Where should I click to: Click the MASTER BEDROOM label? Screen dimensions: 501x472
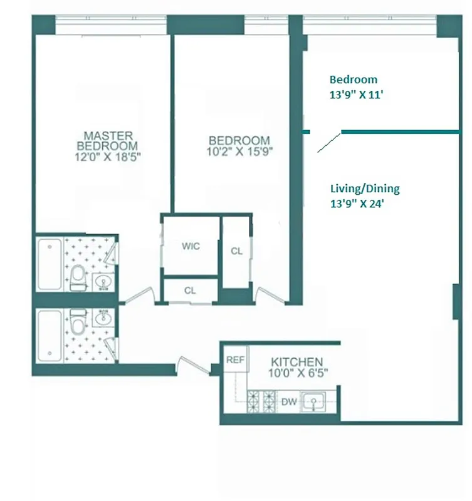tap(108, 140)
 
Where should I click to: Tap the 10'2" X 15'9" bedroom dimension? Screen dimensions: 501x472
tap(239, 152)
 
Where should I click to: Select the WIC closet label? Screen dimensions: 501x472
tap(191, 246)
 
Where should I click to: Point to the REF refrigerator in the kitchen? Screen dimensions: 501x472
tap(235, 360)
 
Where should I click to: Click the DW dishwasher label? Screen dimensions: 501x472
tap(288, 401)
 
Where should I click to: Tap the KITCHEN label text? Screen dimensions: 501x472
tap(296, 362)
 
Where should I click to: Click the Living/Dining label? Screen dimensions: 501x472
tap(364, 188)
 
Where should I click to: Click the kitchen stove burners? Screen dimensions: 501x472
tap(263, 401)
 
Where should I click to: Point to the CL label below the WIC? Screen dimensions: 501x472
tap(191, 290)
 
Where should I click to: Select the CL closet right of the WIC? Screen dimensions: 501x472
tap(236, 251)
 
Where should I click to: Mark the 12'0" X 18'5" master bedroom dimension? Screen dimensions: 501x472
tap(108, 158)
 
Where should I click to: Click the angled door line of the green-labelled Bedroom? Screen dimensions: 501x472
tap(329, 142)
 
